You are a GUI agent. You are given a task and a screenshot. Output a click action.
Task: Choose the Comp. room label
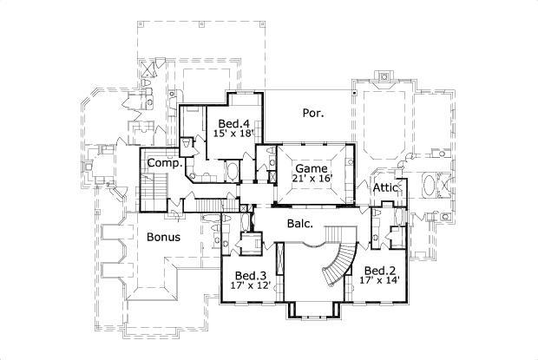[163, 163]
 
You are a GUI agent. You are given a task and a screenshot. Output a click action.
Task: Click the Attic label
[385, 187]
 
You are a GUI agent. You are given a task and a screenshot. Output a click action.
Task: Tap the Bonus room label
[162, 237]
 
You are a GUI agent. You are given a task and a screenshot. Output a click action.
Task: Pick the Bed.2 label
[379, 270]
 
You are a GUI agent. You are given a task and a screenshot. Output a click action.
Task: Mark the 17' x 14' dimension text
[379, 280]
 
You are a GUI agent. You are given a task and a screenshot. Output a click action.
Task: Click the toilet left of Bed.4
[187, 144]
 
